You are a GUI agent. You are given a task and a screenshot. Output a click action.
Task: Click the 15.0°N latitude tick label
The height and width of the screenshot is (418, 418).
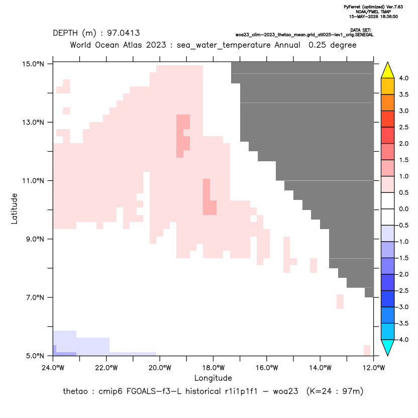pyautogui.click(x=33, y=64)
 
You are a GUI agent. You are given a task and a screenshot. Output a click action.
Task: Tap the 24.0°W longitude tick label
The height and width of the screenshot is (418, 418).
pyautogui.click(x=53, y=368)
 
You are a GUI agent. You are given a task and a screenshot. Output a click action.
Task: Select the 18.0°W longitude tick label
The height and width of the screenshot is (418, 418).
pyautogui.click(x=213, y=368)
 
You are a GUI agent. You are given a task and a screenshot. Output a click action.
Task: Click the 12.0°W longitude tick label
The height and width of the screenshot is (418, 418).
pyautogui.click(x=373, y=368)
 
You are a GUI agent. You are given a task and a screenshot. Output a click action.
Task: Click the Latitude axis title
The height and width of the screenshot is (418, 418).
pyautogui.click(x=14, y=208)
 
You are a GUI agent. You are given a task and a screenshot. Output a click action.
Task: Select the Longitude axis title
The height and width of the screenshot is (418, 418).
pyautogui.click(x=213, y=378)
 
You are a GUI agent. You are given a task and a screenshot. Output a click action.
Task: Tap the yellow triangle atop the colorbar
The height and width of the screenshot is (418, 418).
pyautogui.click(x=388, y=70)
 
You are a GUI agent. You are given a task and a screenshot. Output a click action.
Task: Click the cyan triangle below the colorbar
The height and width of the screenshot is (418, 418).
pyautogui.click(x=388, y=348)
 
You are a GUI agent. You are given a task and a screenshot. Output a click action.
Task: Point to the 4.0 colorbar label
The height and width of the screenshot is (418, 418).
pyautogui.click(x=403, y=78)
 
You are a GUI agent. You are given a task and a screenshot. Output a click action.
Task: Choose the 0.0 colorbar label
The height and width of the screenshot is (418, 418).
pyautogui.click(x=403, y=209)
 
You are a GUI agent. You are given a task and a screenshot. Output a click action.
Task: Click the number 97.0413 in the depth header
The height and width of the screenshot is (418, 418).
pyautogui.click(x=124, y=33)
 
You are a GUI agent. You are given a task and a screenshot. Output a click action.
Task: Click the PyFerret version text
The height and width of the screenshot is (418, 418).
pyautogui.click(x=373, y=7)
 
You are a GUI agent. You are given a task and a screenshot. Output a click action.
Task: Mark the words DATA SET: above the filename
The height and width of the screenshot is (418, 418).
pyautogui.click(x=361, y=30)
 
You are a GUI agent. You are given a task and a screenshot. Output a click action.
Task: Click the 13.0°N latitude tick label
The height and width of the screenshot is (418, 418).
pyautogui.click(x=33, y=123)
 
